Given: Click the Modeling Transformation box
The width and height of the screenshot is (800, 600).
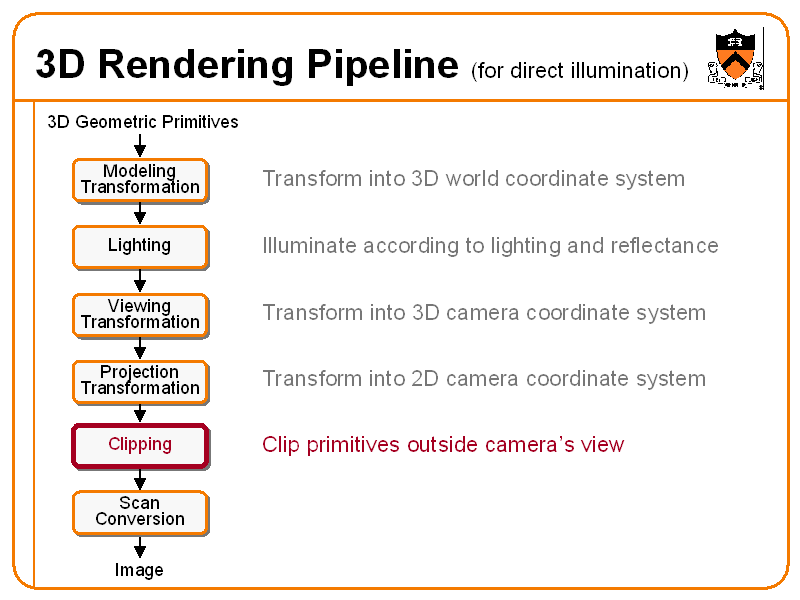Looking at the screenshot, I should [x=140, y=180].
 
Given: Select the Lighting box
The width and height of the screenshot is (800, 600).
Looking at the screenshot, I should [x=140, y=246].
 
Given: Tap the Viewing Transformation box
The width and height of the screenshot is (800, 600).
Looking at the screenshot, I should [x=140, y=314].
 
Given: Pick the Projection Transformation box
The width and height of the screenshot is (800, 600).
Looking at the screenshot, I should [x=140, y=381].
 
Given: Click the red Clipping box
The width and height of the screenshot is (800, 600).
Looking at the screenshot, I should [x=140, y=445].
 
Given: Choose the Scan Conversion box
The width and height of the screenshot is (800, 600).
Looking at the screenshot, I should [x=140, y=512].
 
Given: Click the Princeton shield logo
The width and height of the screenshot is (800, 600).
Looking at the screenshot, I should [x=736, y=57].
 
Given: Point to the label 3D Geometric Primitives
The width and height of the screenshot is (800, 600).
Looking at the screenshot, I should [x=143, y=122].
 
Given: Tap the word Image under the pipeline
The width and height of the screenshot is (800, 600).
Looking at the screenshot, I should [x=139, y=570].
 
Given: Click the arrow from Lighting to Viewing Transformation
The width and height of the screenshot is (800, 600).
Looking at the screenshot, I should [x=140, y=281].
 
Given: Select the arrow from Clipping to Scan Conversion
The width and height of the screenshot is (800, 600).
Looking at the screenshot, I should [x=140, y=479].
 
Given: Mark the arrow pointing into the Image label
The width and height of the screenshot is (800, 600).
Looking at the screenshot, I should [x=140, y=547].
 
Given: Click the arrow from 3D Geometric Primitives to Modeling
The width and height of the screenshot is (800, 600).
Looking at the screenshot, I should [x=140, y=145].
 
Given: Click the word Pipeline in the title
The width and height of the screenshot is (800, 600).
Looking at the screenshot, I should [x=381, y=65].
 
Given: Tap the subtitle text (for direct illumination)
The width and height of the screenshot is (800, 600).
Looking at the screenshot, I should [x=580, y=70].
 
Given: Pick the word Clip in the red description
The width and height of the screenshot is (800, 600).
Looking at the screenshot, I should [x=281, y=445].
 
